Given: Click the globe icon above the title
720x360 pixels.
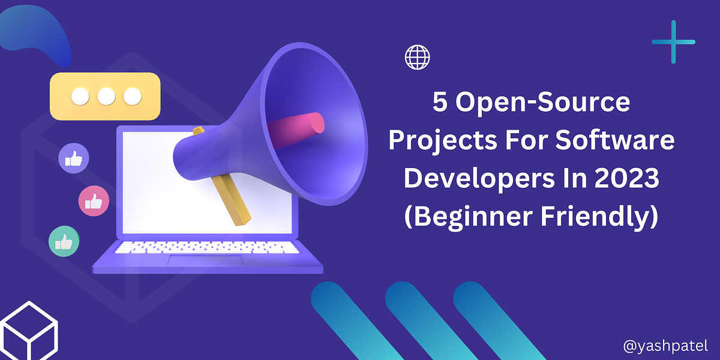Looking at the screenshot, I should tap(418, 58).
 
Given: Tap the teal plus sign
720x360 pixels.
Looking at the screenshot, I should tap(673, 42).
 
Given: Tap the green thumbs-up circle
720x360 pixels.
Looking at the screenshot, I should tap(64, 241).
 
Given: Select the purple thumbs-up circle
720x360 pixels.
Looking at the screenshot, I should tap(74, 159).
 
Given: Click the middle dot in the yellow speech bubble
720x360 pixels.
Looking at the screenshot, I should tap(106, 96).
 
